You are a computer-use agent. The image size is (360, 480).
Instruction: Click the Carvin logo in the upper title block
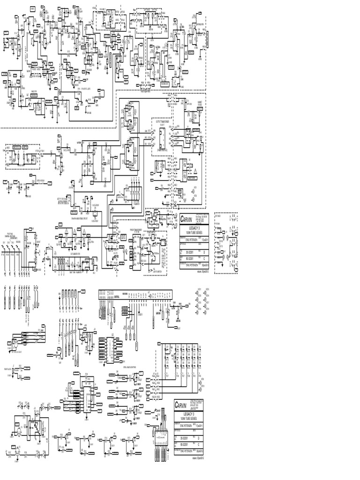click(187, 219)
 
